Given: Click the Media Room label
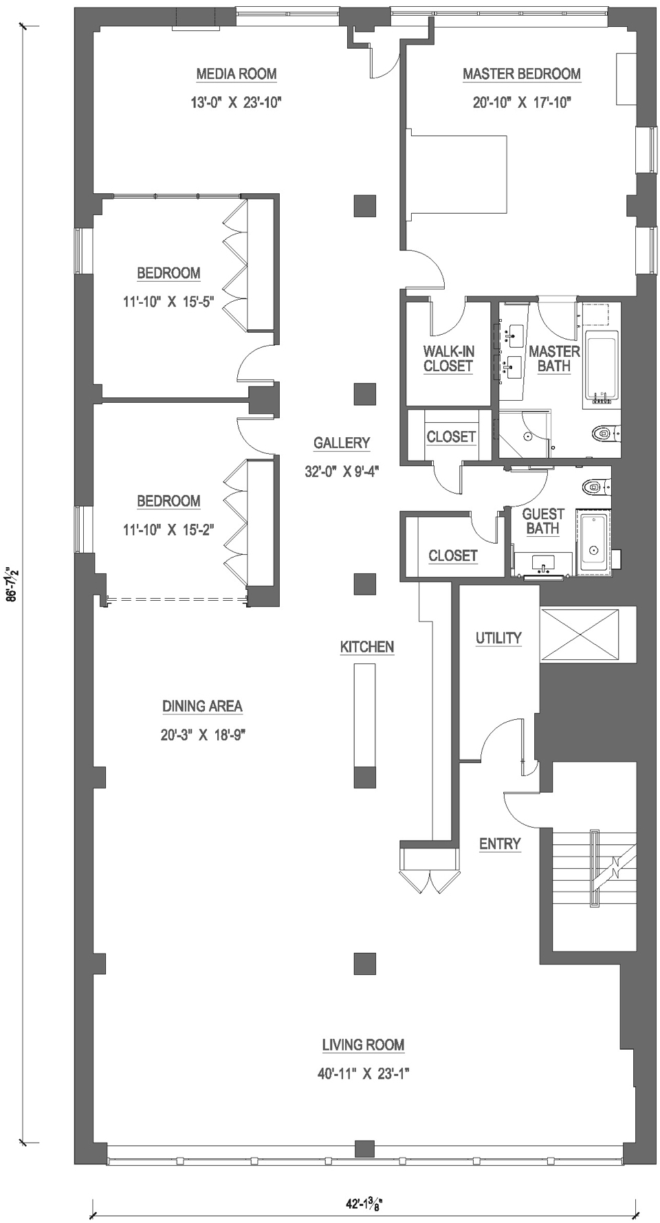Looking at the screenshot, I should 236,74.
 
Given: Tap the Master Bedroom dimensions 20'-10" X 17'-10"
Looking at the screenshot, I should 522,102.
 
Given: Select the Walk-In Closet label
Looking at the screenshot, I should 448,358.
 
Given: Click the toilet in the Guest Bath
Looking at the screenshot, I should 594,487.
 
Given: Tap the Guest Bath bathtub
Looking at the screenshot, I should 593,542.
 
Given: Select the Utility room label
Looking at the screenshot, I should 498,637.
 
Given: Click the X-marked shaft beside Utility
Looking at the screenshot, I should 580,635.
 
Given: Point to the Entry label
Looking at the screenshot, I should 500,844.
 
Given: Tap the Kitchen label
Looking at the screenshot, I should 367,646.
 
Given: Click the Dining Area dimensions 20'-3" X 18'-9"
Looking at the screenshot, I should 203,735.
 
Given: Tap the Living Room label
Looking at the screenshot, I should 363,1045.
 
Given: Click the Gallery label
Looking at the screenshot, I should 342,443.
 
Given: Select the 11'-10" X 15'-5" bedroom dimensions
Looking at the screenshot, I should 169,301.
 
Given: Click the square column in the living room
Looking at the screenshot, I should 365,964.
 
